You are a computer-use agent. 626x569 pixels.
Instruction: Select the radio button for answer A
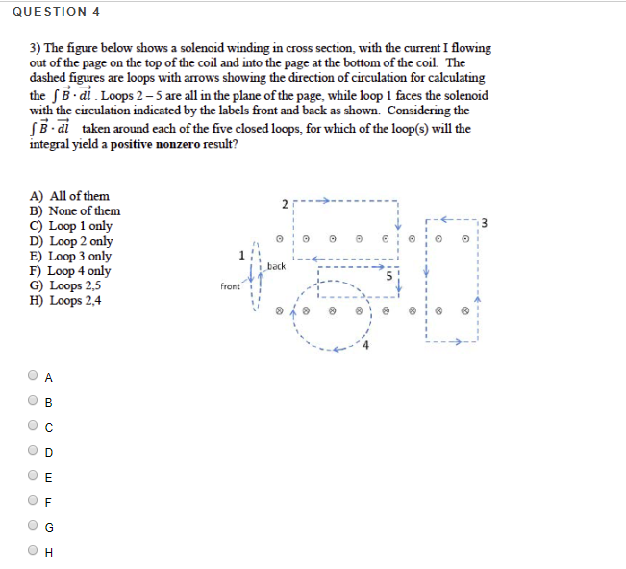click(35, 376)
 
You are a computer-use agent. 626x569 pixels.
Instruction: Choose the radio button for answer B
click(35, 401)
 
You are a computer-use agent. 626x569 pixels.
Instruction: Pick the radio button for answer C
click(35, 426)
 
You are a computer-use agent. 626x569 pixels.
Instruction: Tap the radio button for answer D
click(35, 451)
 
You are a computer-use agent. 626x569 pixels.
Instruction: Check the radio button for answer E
click(35, 476)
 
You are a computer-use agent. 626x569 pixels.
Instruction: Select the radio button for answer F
click(35, 501)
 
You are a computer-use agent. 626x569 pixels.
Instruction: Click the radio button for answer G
click(35, 526)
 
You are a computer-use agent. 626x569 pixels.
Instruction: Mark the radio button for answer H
click(35, 551)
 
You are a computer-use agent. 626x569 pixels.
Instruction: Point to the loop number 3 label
click(483, 224)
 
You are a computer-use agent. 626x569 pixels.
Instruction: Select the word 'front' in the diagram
click(230, 285)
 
